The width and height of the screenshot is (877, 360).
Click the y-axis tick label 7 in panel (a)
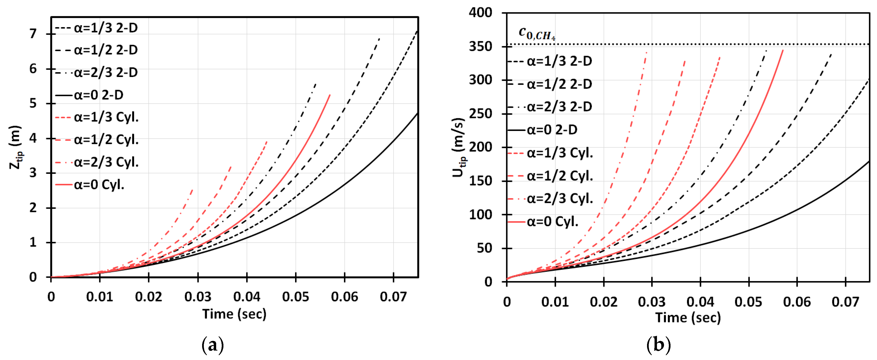click(33, 34)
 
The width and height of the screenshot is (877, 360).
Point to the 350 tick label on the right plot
click(480, 46)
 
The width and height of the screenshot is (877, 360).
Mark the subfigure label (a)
click(213, 345)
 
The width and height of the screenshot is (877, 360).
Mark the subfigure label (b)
click(658, 345)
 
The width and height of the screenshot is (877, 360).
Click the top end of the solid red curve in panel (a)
click(329, 95)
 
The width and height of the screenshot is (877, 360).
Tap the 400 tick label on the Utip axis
click(480, 13)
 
